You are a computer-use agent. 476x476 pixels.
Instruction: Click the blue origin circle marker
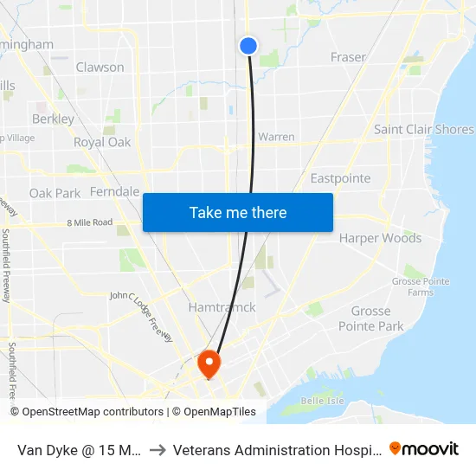[x=248, y=46]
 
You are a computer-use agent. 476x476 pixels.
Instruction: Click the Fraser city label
[x=348, y=57]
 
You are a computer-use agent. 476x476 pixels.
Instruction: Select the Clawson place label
[x=100, y=67]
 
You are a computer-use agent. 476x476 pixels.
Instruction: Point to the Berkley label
[x=53, y=119]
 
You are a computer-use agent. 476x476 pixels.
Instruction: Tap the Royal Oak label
[x=101, y=142]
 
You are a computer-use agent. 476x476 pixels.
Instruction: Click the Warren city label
[x=276, y=137]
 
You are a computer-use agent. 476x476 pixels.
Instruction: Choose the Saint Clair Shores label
[x=423, y=130]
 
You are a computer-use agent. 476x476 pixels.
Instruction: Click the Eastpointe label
[x=340, y=178]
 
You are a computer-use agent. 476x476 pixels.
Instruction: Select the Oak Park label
[x=55, y=193]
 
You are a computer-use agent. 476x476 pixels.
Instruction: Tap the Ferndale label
[x=114, y=191]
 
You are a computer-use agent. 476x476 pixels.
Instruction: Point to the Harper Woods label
[x=380, y=238]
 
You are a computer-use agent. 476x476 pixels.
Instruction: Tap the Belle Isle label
[x=322, y=401]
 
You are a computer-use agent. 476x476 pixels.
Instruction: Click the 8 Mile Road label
[x=90, y=222]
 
